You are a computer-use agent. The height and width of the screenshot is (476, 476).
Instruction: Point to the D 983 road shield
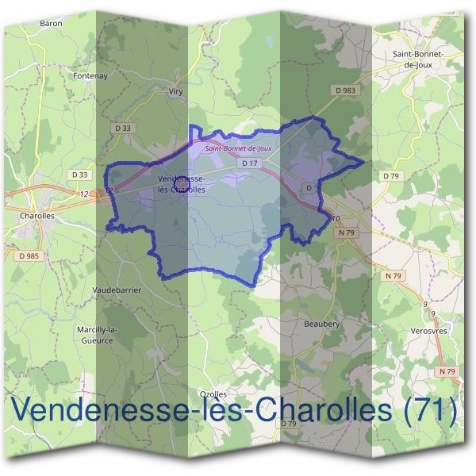(x=346, y=91)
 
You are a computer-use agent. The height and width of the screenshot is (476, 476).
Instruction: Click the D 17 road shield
(x=250, y=163)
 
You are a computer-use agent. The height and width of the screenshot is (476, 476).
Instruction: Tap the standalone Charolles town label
(x=35, y=214)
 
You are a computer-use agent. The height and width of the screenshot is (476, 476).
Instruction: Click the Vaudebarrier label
(x=117, y=290)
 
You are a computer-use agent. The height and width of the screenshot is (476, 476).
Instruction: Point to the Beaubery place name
(x=321, y=324)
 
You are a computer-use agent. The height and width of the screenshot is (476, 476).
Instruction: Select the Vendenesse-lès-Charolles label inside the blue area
(x=182, y=184)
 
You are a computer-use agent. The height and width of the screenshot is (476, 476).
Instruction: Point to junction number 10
(x=336, y=218)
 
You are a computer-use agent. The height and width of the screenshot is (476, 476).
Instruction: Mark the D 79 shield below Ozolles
(x=289, y=424)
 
